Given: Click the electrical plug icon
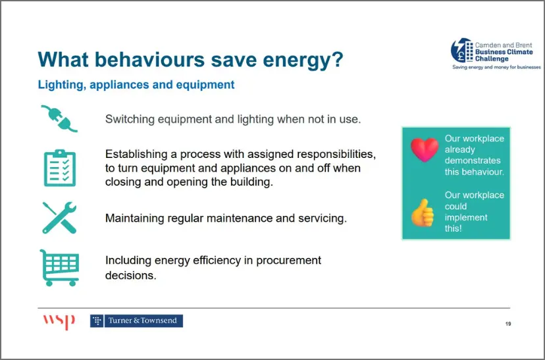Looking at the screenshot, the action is (x=59, y=118).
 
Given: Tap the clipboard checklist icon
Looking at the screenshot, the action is (x=60, y=168).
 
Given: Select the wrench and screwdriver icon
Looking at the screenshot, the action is (x=59, y=218).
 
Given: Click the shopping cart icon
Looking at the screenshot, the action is (x=59, y=268).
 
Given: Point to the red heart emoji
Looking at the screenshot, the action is (x=425, y=150).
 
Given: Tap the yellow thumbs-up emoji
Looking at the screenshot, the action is (x=423, y=213).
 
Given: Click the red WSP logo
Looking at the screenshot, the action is (x=59, y=321).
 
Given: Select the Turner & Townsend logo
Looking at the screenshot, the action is (x=137, y=321).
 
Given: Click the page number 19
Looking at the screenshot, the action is (x=508, y=324).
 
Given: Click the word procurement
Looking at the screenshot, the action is (x=288, y=261).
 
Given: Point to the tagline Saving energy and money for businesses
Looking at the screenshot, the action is (x=496, y=67).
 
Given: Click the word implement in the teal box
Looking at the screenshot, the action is (x=466, y=218).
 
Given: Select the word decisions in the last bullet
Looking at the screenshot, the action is (x=131, y=275).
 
